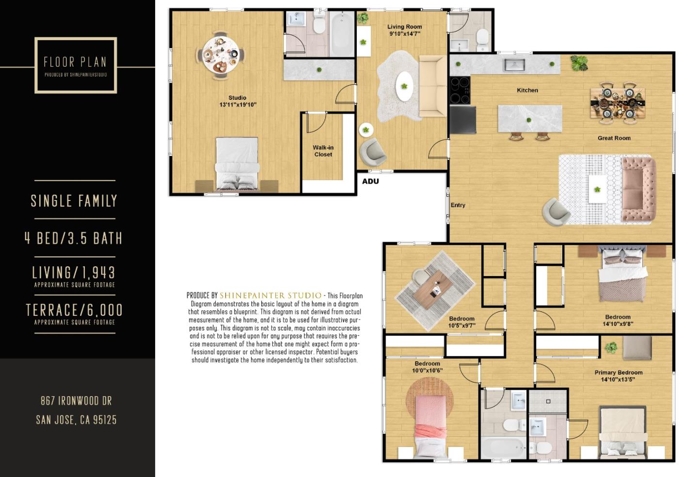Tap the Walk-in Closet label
coord(323,151)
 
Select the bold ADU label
coord(370,181)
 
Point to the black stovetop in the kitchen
coord(460,91)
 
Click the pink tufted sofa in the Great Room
coord(638,188)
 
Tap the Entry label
coord(458,205)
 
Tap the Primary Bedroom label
coord(618,372)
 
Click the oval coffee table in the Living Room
coord(404,87)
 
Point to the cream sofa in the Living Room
coord(433,86)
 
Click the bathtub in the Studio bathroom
coord(342,33)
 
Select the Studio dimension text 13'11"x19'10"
coord(238,105)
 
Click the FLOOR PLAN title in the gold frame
coord(75,62)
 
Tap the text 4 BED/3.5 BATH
coord(74,238)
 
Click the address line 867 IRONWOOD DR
coord(76,401)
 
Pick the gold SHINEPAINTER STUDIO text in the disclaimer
coord(270,295)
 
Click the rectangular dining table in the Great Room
coord(618,102)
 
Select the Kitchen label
coord(527,91)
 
